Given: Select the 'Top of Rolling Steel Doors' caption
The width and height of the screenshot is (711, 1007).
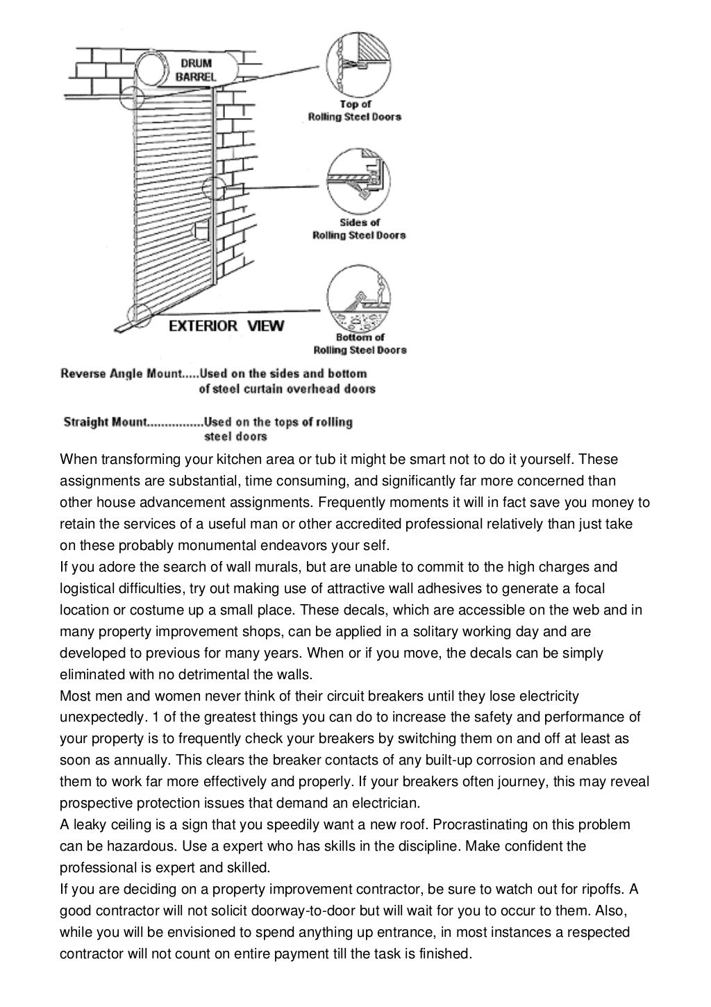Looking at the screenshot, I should (355, 111).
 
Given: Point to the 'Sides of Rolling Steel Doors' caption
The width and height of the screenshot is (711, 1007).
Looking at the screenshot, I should (359, 228).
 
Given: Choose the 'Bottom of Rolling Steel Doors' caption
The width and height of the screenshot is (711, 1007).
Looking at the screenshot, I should (360, 344).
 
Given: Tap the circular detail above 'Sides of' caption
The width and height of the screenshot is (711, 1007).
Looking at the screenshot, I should (358, 179).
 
